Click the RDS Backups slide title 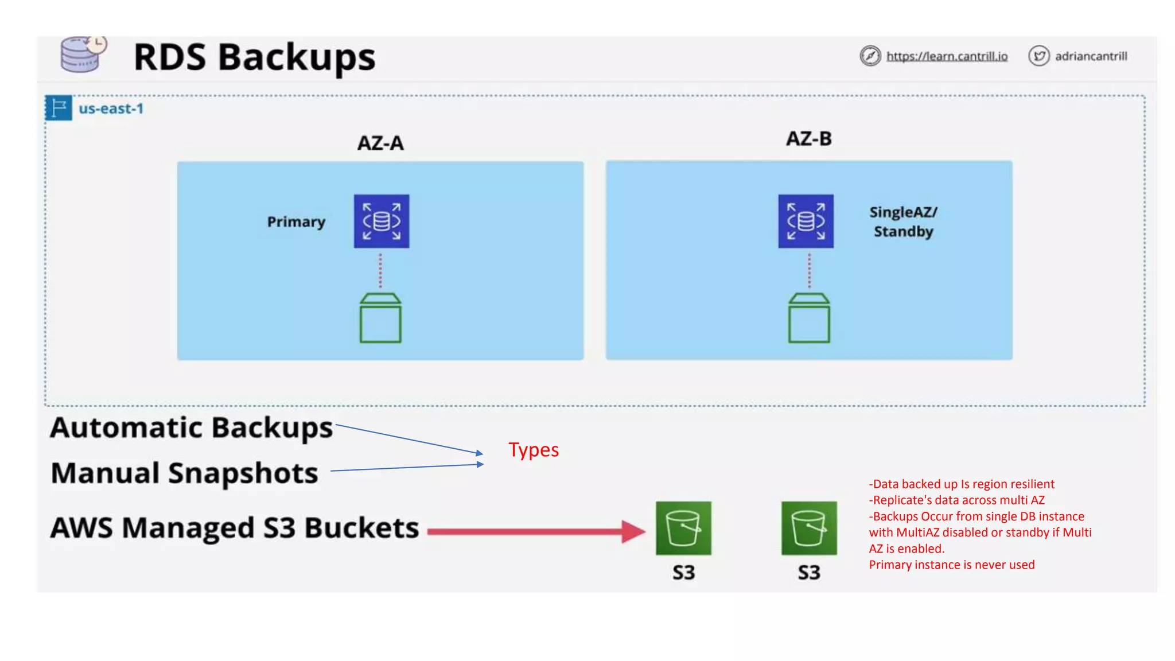tap(254, 57)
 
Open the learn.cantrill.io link tap(947, 56)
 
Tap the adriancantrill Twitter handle tap(1091, 56)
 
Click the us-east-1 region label tap(111, 108)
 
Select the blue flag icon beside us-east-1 tap(59, 108)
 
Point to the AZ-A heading tap(380, 143)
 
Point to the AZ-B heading tap(808, 139)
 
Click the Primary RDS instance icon tap(382, 221)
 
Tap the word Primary tap(296, 222)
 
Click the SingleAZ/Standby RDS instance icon tap(806, 221)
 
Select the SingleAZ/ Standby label tap(903, 221)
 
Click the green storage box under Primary tap(380, 318)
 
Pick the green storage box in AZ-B tap(809, 318)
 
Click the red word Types tap(533, 450)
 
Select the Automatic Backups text tap(191, 428)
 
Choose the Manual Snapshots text tap(184, 473)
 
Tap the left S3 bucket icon tap(683, 528)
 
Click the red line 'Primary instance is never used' tap(951, 565)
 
